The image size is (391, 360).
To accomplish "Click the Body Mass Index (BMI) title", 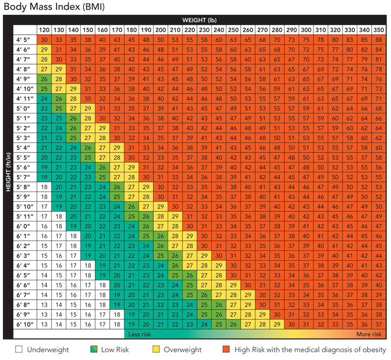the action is point(54,6).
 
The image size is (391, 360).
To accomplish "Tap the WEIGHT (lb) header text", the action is point(199,20).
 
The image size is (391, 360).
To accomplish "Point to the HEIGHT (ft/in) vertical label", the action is point(8,172).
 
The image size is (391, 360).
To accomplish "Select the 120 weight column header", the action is point(44,30).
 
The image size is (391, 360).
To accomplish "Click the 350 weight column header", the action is point(379,30).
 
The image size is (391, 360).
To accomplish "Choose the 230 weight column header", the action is point(204,30).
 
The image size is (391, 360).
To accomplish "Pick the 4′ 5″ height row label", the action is point(23,40).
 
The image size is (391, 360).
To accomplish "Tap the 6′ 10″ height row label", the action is point(25,324).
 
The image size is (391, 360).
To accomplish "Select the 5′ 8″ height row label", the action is point(23,187).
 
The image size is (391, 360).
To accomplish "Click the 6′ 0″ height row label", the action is point(23,226).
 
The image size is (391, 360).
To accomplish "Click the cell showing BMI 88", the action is point(379,40).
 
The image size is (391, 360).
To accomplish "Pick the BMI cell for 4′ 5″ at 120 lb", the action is point(44,40).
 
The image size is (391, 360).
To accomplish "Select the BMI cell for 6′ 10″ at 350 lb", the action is point(379,324).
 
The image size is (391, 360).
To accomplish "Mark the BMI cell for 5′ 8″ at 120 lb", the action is point(44,187).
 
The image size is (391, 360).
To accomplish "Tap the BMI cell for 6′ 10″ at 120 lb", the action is point(44,324).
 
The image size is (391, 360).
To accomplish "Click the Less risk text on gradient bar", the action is point(140,334).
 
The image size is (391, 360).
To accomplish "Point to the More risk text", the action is point(369,334).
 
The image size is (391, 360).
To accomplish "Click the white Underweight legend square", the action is point(18,349).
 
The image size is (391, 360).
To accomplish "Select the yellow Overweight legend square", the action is point(156,349).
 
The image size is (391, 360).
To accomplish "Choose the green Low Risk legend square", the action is point(94,349).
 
